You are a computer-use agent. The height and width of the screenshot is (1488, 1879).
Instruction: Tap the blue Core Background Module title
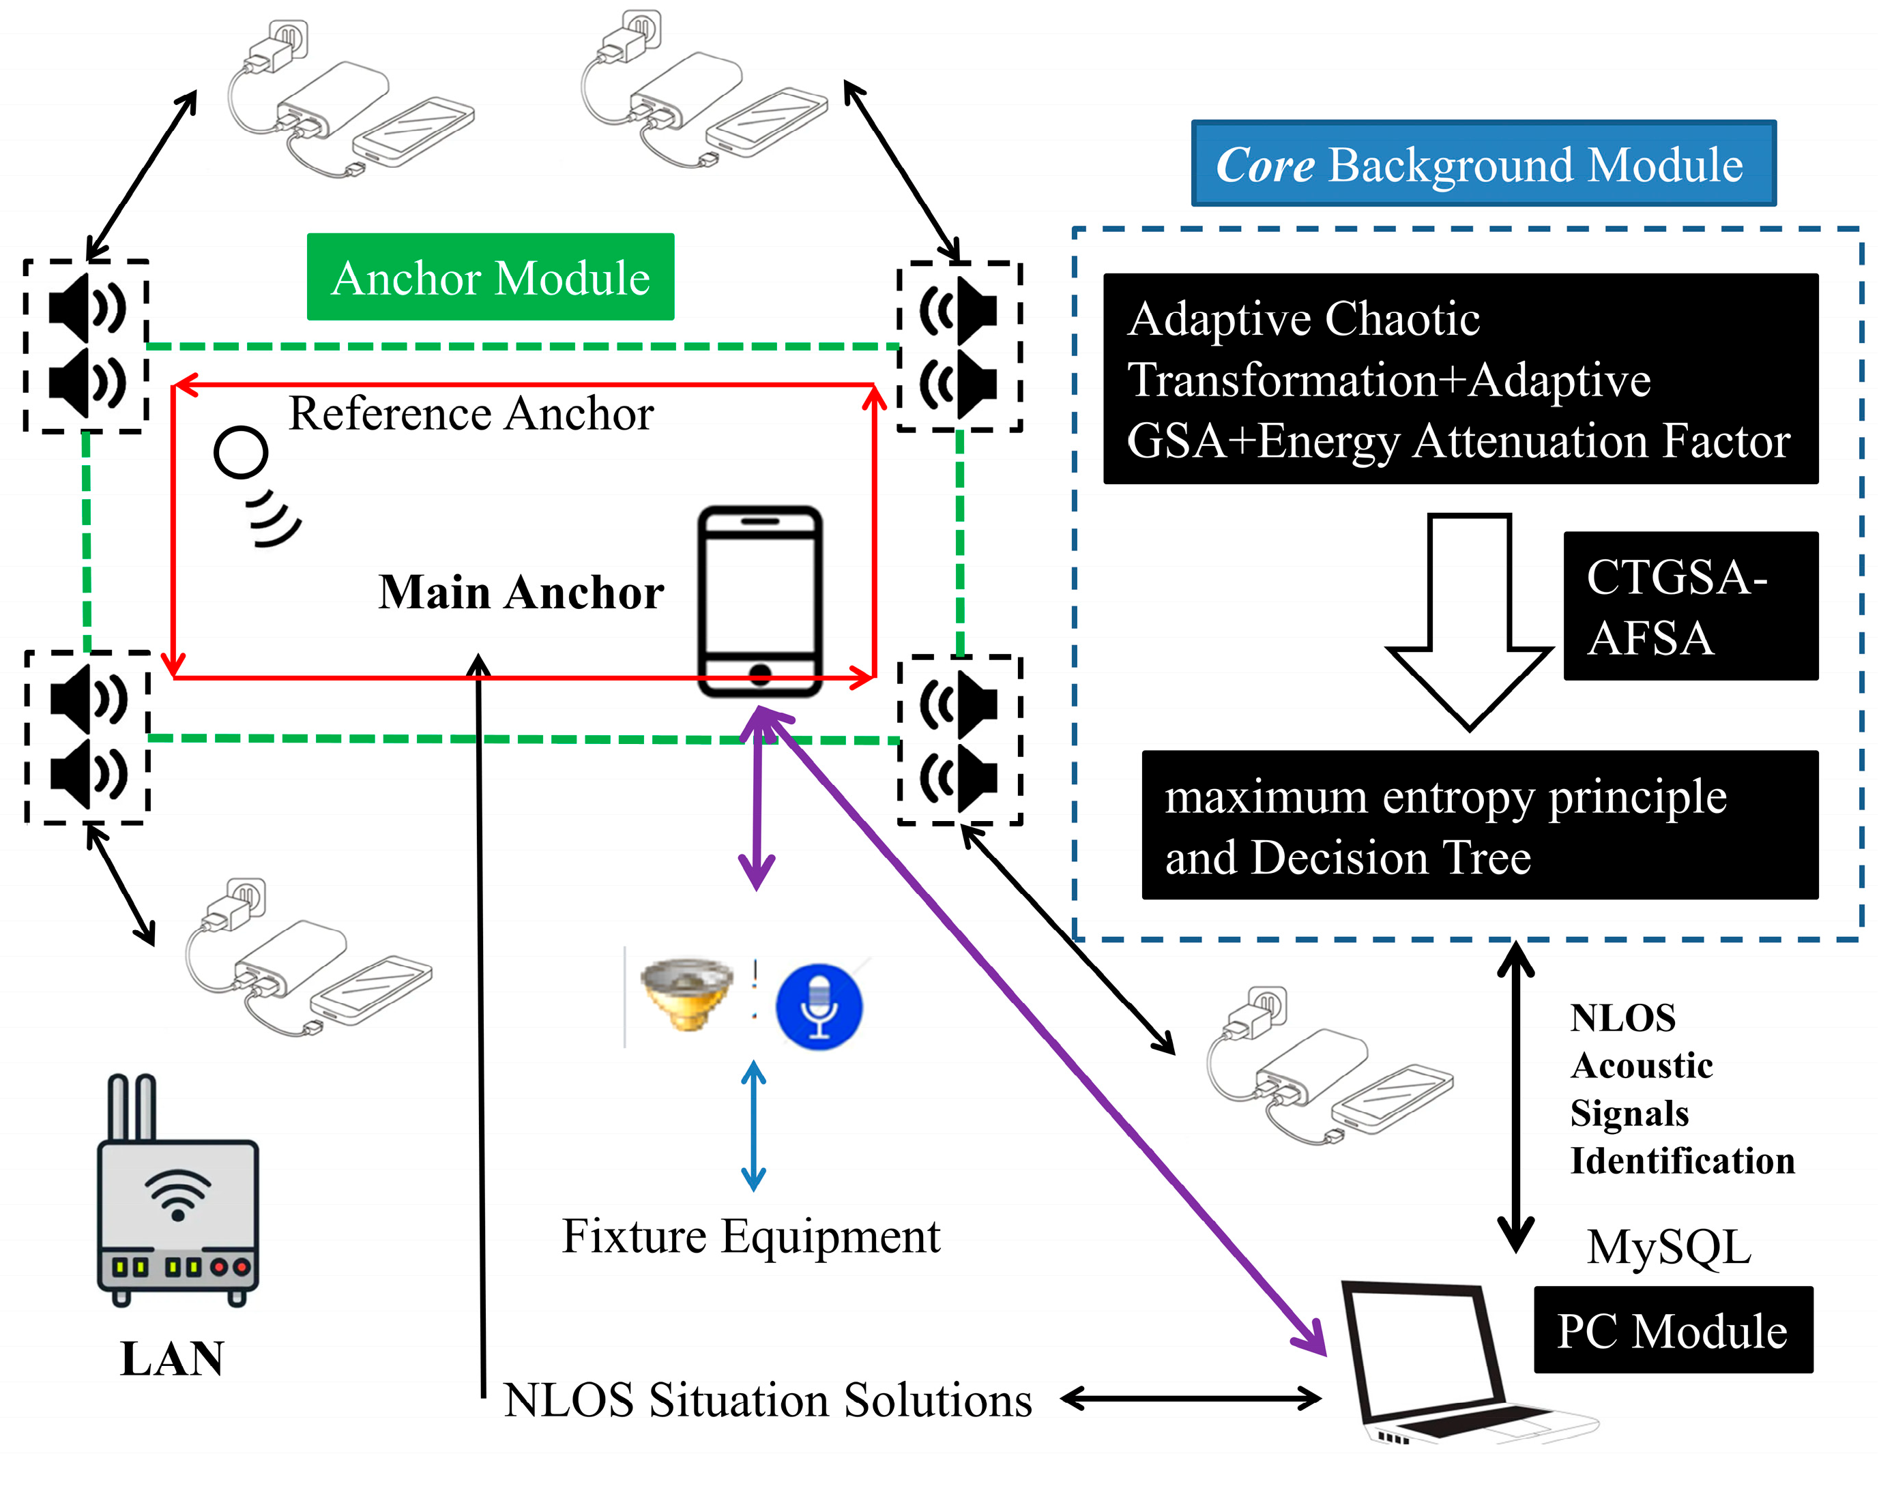1483,164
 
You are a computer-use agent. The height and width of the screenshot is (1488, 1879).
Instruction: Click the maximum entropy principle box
1479,824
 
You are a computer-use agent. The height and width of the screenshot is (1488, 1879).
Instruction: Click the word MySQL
1668,1247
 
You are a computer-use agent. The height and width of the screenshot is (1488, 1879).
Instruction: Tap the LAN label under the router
172,1359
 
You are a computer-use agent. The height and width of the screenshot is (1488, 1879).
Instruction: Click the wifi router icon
178,1202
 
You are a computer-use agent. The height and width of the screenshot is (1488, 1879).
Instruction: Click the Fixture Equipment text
751,1236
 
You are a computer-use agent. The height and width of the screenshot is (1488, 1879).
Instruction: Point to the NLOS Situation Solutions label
767,1400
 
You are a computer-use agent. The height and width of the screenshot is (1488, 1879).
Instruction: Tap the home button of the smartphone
760,674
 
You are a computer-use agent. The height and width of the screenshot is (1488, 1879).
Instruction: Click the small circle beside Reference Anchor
241,452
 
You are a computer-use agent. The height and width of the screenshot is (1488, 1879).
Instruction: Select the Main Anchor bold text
521,593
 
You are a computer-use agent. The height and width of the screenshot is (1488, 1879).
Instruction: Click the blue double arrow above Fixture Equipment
753,1126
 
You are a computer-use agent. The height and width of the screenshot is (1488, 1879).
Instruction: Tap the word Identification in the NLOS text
1682,1161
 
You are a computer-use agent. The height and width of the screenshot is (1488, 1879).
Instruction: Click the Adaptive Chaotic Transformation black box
1460,379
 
